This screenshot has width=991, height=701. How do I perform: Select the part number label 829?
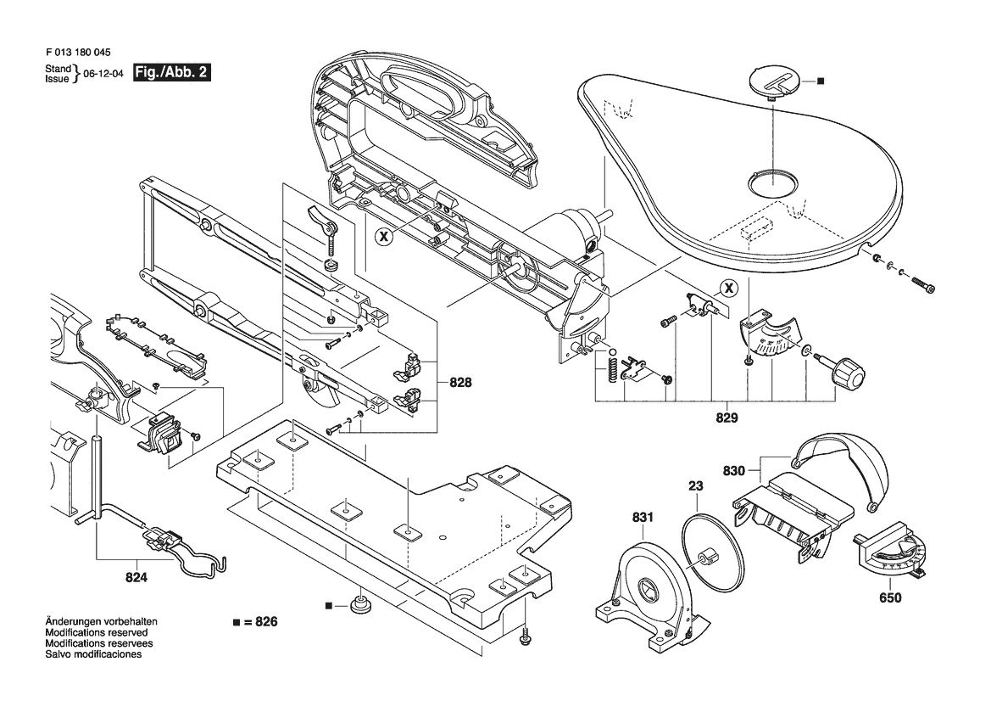click(727, 418)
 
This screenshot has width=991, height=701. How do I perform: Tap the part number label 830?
click(734, 469)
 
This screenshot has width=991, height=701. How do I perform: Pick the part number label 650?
click(889, 597)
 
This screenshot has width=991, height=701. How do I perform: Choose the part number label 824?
click(136, 577)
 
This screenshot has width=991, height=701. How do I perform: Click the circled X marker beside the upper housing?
click(384, 238)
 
